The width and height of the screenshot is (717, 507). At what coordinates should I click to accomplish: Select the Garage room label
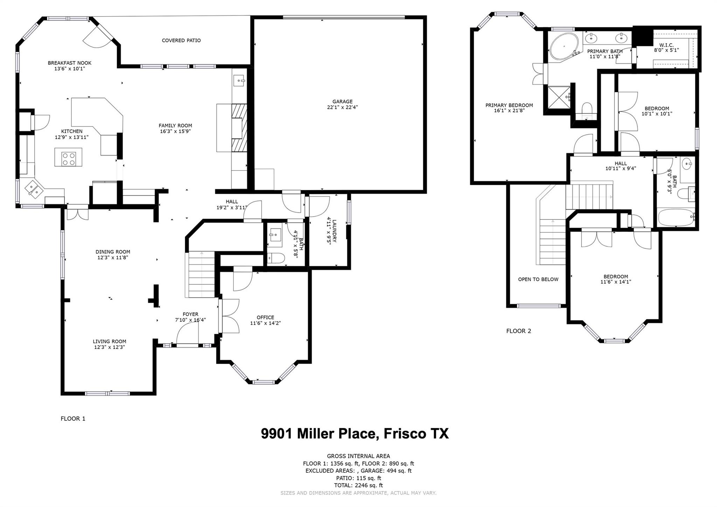[x=342, y=102]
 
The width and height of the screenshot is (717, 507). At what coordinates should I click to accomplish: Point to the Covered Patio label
[x=181, y=40]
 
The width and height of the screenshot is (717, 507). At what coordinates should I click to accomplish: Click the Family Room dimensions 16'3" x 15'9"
[x=175, y=131]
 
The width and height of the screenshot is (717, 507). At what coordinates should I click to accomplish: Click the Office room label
[x=265, y=317]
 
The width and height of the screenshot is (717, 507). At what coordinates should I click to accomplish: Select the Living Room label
[x=110, y=341]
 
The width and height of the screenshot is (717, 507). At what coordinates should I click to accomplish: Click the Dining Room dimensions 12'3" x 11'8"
[x=113, y=258]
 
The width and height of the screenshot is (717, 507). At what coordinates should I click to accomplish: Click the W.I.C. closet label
[x=666, y=45]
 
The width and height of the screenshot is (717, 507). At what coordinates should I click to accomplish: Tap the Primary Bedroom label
[x=509, y=105]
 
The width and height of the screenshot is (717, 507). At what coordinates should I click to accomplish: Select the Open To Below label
[x=538, y=279]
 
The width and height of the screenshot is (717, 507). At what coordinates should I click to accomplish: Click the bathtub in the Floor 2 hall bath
[x=676, y=218]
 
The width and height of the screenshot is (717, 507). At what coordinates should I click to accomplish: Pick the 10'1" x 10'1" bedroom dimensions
[x=657, y=114]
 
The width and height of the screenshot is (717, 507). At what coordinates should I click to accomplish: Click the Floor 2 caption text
[x=518, y=331]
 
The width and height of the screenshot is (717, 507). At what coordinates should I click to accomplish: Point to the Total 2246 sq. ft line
[x=358, y=485]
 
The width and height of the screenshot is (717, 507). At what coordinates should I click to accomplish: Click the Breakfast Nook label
[x=70, y=63]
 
